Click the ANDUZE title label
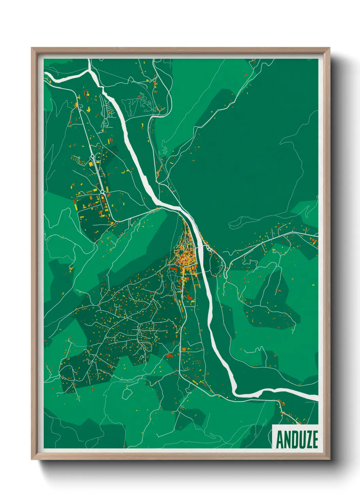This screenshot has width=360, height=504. [x=296, y=439]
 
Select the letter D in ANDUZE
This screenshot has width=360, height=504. [x=293, y=439]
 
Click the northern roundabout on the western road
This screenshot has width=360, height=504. [x=92, y=157]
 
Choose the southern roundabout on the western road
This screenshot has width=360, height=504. [x=102, y=192]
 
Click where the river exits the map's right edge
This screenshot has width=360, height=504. [x=317, y=397]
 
